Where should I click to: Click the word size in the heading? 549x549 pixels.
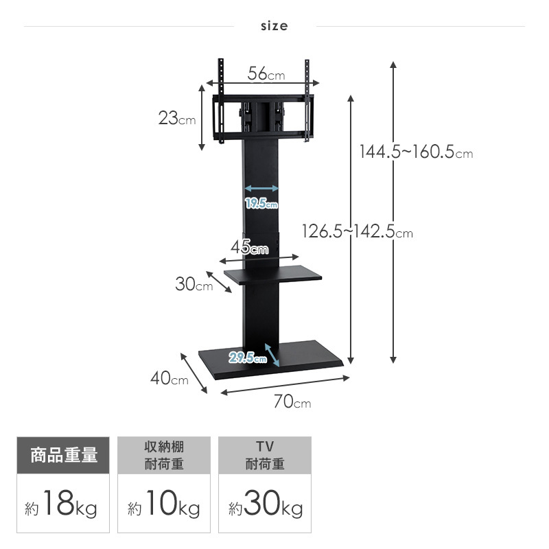pyautogui.click(x=274, y=26)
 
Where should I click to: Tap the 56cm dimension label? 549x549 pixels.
pyautogui.click(x=266, y=73)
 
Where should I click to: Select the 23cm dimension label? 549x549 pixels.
pyautogui.click(x=177, y=118)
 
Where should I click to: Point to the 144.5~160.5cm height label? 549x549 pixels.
pyautogui.click(x=417, y=152)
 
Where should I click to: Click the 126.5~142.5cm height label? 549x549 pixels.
pyautogui.click(x=358, y=231)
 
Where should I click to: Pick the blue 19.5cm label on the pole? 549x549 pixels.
pyautogui.click(x=261, y=203)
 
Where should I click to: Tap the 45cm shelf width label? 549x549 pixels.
pyautogui.click(x=249, y=247)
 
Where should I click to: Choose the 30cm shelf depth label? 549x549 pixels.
pyautogui.click(x=194, y=284)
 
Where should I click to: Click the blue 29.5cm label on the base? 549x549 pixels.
pyautogui.click(x=248, y=358)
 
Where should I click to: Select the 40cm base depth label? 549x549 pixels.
pyautogui.click(x=170, y=378)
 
